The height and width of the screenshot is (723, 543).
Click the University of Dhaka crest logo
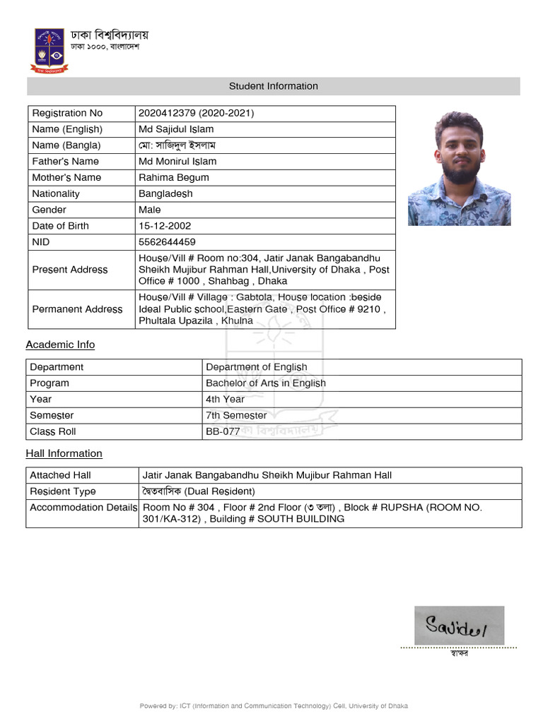click(x=49, y=50)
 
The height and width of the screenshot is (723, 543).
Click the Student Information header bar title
click(x=273, y=86)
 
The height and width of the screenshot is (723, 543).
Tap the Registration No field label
click(x=67, y=113)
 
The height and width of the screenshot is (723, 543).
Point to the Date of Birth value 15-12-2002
click(x=165, y=226)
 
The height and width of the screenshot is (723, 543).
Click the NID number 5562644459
click(x=167, y=242)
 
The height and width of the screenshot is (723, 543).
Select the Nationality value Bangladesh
click(x=165, y=193)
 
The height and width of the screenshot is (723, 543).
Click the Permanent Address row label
click(x=77, y=309)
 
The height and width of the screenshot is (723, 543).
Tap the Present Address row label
click(x=70, y=270)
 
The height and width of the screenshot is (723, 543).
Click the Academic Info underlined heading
click(x=60, y=345)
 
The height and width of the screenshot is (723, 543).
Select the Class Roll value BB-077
click(x=223, y=431)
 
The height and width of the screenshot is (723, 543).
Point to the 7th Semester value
click(x=236, y=415)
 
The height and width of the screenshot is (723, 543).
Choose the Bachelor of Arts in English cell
click(x=266, y=383)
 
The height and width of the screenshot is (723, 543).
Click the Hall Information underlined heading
click(x=64, y=453)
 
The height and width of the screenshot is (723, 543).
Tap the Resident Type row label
click(x=63, y=491)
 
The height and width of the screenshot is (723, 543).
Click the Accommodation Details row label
click(x=83, y=508)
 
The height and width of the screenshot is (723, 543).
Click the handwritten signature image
click(x=459, y=626)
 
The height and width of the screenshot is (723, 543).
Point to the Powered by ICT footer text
click(x=273, y=706)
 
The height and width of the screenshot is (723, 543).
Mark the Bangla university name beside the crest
click(x=110, y=35)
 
